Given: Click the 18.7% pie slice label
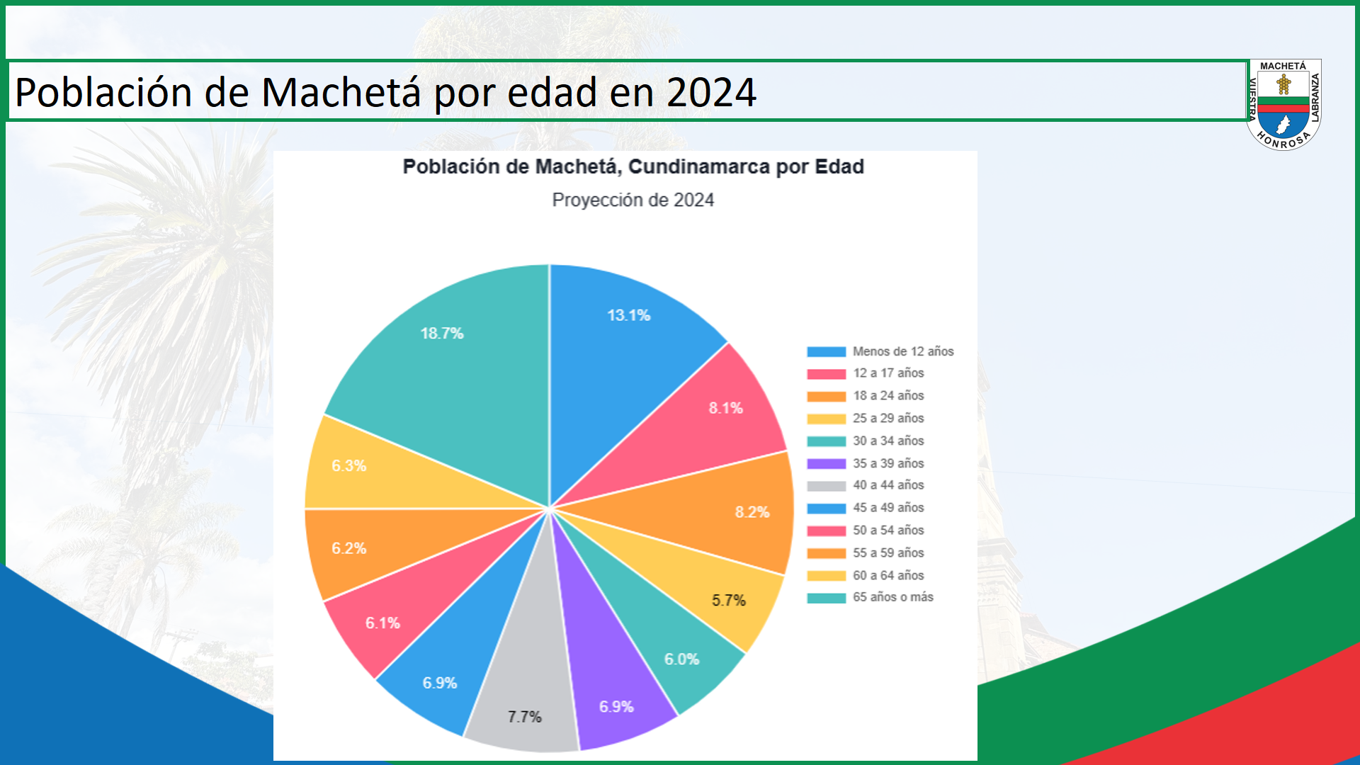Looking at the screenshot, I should pyautogui.click(x=441, y=334).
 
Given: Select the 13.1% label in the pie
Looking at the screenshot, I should pyautogui.click(x=628, y=316).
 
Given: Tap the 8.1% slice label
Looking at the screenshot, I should pyautogui.click(x=725, y=408).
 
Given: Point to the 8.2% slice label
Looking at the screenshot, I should pyautogui.click(x=752, y=512).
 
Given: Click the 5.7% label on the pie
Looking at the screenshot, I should pyautogui.click(x=728, y=601).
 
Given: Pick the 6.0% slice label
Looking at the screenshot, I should pyautogui.click(x=681, y=659).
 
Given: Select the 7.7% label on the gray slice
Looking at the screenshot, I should pyautogui.click(x=524, y=717).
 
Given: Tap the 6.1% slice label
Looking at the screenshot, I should pyautogui.click(x=382, y=623).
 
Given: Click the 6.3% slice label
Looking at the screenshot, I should pyautogui.click(x=348, y=466).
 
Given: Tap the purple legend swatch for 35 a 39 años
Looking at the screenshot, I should pyautogui.click(x=826, y=464).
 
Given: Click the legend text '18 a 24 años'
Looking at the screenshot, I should pyautogui.click(x=888, y=396).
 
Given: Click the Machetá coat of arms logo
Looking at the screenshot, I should pyautogui.click(x=1283, y=105).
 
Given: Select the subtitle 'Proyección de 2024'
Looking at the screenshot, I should pyautogui.click(x=633, y=200).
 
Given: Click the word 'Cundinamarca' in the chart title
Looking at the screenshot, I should pyautogui.click(x=698, y=167).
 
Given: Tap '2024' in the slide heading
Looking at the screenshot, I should pyautogui.click(x=711, y=93).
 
